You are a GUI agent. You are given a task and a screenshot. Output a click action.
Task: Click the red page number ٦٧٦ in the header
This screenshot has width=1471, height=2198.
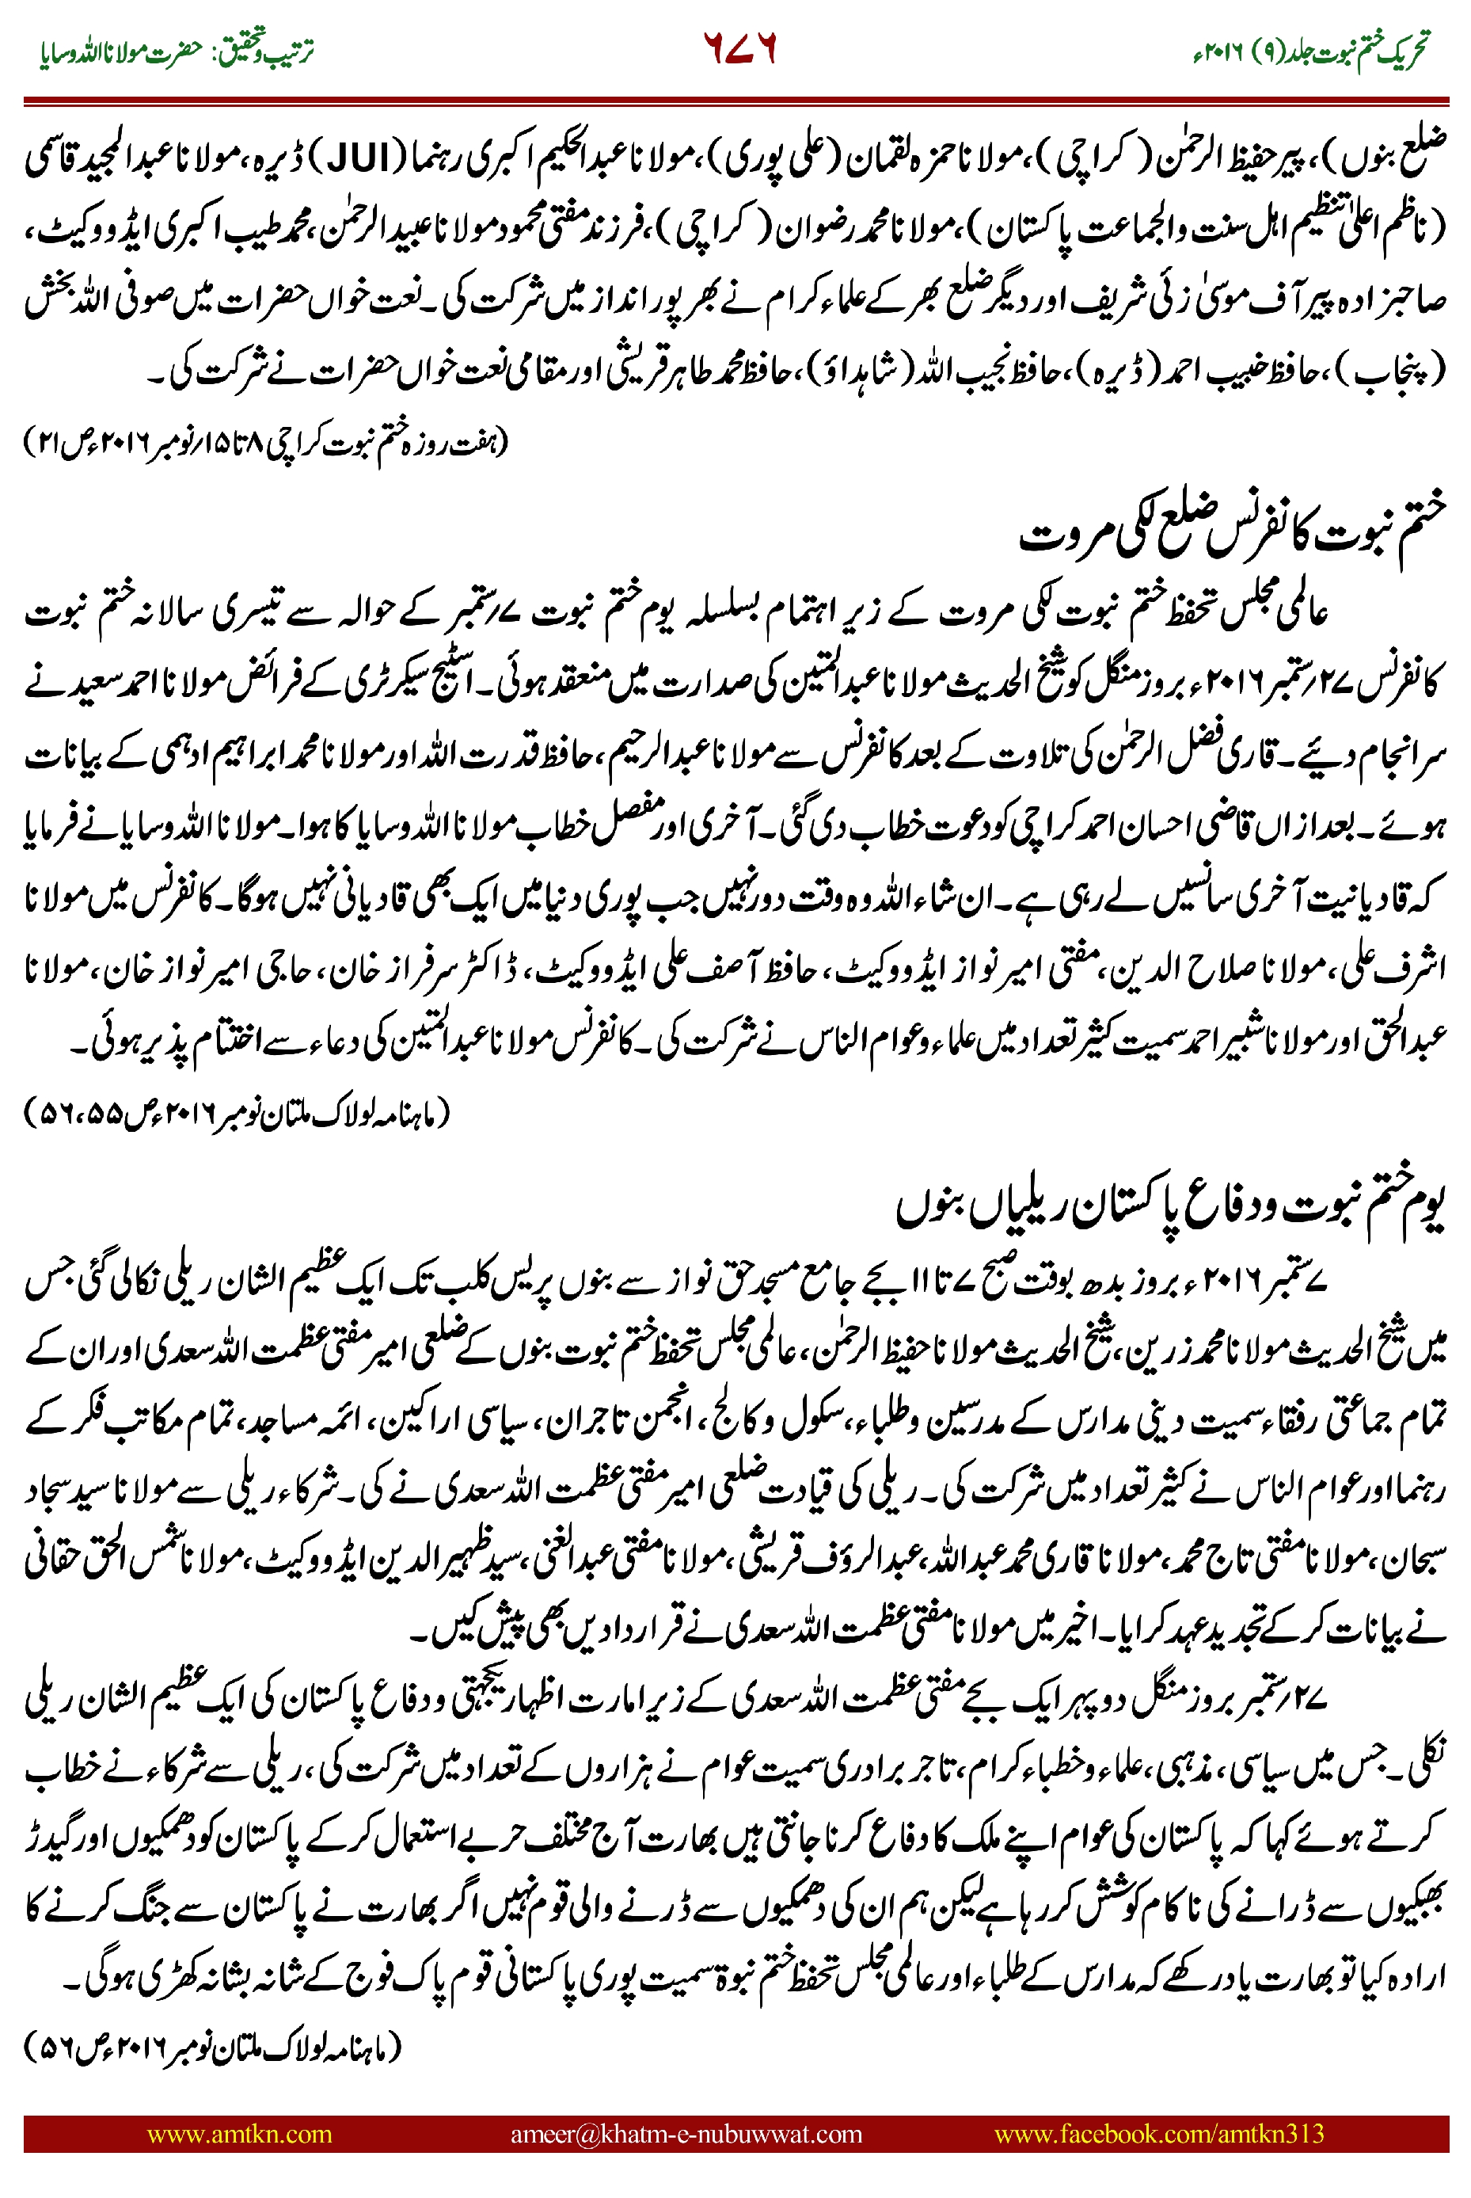(x=740, y=49)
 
